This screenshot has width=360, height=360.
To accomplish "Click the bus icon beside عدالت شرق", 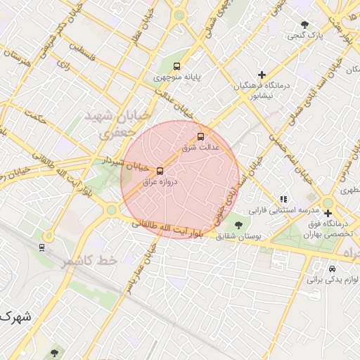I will (x=200, y=136).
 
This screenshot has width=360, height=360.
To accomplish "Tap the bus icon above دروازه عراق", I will (x=160, y=171).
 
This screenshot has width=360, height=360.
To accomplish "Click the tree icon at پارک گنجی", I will (x=304, y=25).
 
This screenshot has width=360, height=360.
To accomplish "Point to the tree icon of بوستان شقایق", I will (x=238, y=226).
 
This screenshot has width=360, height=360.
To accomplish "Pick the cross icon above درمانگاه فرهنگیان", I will (x=262, y=74).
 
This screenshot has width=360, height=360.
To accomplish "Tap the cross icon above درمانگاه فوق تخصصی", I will (x=328, y=213).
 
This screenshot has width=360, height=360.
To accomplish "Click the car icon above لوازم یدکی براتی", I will (x=332, y=269).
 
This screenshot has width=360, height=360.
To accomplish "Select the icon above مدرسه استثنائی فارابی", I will (x=283, y=200).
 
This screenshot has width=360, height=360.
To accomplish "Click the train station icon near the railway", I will (x=42, y=247).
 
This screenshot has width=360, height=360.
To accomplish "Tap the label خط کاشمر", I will (x=89, y=261).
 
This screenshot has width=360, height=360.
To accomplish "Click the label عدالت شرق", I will (x=201, y=148).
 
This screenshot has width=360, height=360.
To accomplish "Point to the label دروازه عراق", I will (x=160, y=182).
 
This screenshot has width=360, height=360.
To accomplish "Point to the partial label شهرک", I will (x=15, y=317).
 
